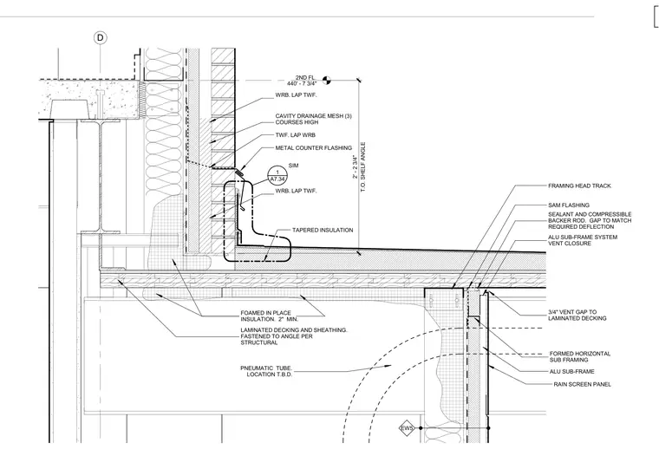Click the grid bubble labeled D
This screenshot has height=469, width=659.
coord(100,38)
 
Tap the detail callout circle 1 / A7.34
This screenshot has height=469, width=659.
coord(277,176)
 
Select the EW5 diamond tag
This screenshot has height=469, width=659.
coord(407,428)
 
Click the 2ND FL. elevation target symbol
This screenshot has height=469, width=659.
coord(326,80)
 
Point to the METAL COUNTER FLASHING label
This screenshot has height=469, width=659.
coord(314,148)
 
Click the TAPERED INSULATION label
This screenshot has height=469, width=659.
coord(323,231)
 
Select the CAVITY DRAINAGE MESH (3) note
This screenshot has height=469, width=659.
coord(314,119)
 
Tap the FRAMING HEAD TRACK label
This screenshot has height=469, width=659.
coord(579,186)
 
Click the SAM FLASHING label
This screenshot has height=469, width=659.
coord(569,205)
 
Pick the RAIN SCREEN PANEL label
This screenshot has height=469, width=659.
coord(582,384)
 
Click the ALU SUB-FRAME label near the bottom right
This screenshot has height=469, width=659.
coord(571,372)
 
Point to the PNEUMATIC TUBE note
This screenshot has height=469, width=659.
coord(266,371)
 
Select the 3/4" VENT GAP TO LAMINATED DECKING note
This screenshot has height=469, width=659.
coord(577,316)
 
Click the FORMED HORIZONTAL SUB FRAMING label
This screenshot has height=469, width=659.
coord(579,357)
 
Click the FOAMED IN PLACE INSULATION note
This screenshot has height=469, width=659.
coord(269,316)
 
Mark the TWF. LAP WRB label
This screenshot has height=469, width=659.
coord(295,135)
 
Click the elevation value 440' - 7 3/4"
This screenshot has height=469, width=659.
coord(302,83)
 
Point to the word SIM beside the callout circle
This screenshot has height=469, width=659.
coord(293,166)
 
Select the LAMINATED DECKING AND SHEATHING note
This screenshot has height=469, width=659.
coord(294,336)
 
